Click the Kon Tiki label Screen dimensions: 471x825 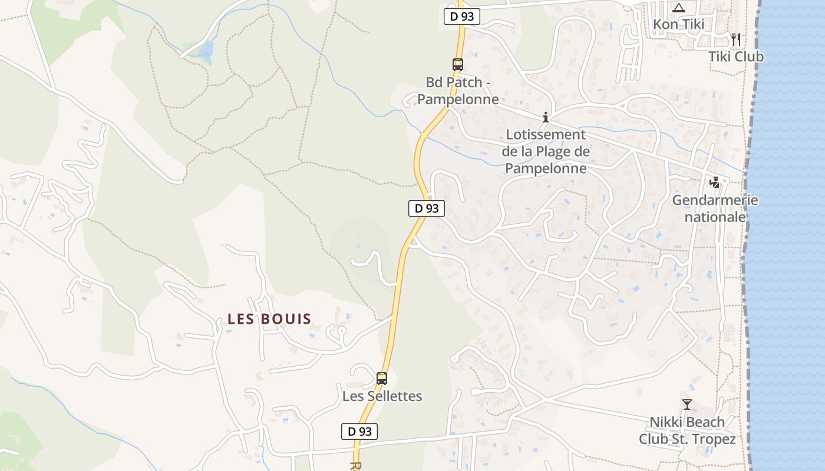coord(678,25)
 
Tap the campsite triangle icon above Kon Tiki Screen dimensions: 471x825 coord(679,8)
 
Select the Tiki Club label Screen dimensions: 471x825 coord(735,57)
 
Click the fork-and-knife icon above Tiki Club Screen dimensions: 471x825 coord(735,39)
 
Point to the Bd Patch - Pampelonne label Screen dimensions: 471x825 coord(462,91)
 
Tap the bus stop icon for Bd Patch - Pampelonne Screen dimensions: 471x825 coord(458,65)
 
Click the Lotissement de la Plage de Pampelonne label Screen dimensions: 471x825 coord(546,151)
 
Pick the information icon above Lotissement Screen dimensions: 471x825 coord(546,117)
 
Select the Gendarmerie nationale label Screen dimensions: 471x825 coord(715,208)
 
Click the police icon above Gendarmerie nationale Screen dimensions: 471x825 coord(715,183)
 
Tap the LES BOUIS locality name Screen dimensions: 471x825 coord(269,319)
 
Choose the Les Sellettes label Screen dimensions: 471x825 coord(382,396)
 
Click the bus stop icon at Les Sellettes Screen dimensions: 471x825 coord(382,378)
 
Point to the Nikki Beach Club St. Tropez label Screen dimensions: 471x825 coord(687,430)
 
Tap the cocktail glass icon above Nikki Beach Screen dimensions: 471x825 coord(687,404)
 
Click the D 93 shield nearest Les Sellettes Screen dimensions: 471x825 coord(359,432)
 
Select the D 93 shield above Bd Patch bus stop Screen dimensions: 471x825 coord(462,16)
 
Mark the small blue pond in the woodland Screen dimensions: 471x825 coord(206,52)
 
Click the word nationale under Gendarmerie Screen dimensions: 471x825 coord(715,217)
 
